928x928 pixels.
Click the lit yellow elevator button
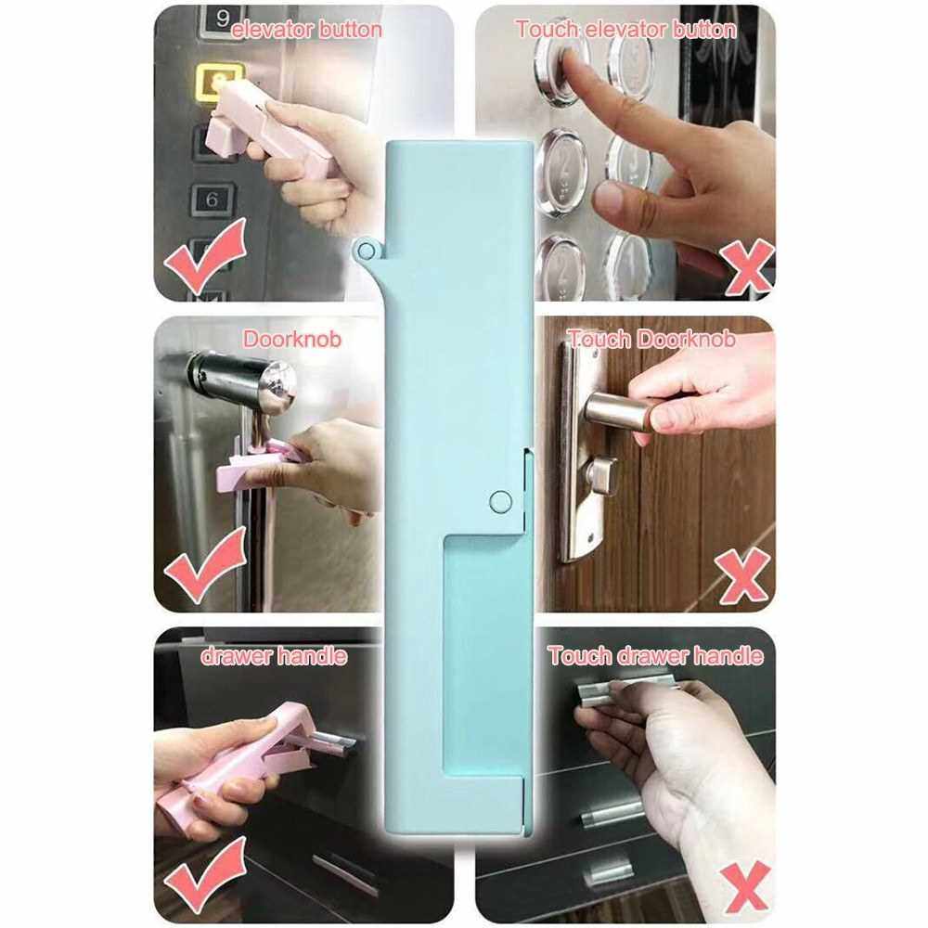[x=217, y=83]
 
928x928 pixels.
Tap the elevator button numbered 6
[x=213, y=200]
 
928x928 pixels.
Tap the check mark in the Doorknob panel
[x=205, y=564]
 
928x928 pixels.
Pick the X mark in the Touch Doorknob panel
[x=742, y=574]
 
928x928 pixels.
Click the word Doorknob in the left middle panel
[x=292, y=339]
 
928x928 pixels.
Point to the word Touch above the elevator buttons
[x=547, y=29]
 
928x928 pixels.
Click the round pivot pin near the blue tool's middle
[x=501, y=501]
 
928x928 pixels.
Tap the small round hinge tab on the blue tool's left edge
[x=367, y=250]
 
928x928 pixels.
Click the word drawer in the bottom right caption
[x=652, y=656]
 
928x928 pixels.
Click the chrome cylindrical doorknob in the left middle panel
[x=242, y=379]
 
